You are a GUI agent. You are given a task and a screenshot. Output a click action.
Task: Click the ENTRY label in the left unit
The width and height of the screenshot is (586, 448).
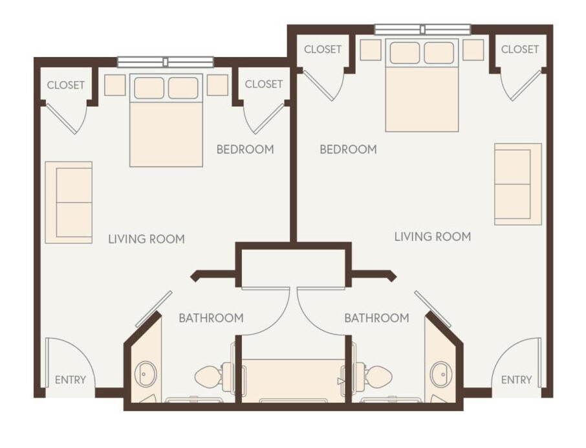(70, 380)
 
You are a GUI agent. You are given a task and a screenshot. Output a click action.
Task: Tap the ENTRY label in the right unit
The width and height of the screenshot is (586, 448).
(516, 380)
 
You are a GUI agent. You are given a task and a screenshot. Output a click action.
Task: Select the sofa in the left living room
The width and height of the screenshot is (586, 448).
(69, 202)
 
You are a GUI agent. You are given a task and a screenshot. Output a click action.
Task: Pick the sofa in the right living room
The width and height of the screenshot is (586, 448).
(517, 184)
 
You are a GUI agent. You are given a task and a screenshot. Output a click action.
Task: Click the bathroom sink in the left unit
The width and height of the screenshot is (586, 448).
(146, 375)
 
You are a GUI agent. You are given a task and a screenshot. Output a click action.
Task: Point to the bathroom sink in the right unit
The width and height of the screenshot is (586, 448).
(440, 375)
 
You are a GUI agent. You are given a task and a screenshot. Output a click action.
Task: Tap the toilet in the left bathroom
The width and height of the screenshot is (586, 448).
(211, 375)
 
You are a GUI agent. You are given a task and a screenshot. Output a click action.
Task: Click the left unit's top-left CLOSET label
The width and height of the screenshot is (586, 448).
(66, 85)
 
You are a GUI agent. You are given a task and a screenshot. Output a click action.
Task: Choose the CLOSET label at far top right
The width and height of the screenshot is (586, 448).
(519, 49)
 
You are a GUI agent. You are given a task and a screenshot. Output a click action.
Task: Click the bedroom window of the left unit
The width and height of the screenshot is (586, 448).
(165, 62)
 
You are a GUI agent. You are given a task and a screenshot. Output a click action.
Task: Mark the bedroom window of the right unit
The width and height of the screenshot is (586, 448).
(422, 29)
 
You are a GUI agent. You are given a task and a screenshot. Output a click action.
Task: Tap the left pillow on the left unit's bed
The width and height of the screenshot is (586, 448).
(149, 87)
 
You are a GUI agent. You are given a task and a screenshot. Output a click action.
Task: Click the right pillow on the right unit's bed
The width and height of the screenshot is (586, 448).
(439, 52)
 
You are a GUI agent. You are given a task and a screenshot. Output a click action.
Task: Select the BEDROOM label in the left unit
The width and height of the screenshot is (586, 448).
(244, 150)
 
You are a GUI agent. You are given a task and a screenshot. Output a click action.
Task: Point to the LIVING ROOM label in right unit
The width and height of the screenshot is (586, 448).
(432, 237)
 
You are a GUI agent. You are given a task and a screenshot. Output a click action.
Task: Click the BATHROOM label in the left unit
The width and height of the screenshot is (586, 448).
(211, 318)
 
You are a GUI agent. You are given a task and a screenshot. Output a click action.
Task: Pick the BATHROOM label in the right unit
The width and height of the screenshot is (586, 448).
(376, 318)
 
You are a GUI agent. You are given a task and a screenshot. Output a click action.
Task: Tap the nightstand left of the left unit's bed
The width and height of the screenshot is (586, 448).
(114, 85)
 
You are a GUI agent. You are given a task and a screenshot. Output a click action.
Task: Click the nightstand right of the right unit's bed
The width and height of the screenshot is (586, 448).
(473, 50)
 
